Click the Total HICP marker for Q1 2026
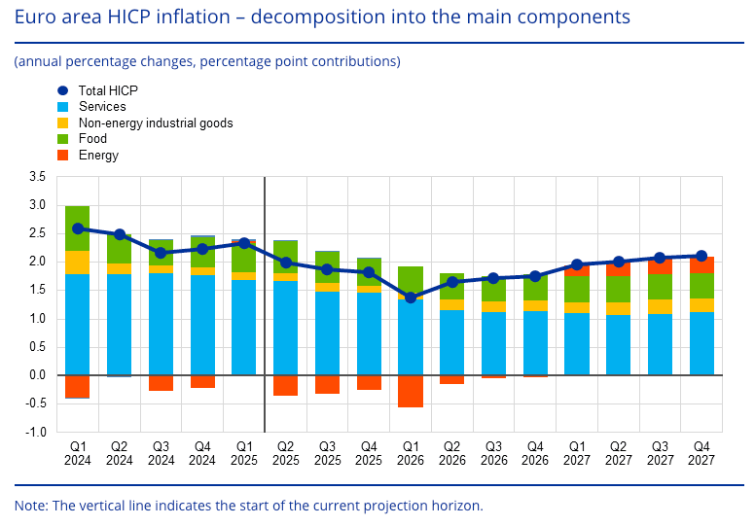(x=411, y=298)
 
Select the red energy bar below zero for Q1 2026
(x=411, y=391)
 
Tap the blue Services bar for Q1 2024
(x=78, y=325)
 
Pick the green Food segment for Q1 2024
(x=78, y=228)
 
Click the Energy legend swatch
(x=63, y=155)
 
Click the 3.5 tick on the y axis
(x=38, y=177)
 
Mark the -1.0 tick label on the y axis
(x=36, y=432)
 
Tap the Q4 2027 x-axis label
(x=701, y=452)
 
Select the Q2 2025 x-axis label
(x=285, y=452)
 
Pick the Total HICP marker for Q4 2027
(x=701, y=256)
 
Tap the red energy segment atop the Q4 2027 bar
(x=701, y=264)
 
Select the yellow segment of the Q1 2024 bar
(x=78, y=263)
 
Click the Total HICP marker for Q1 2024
(x=78, y=229)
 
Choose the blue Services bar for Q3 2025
(x=327, y=333)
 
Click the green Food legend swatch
(x=63, y=139)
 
